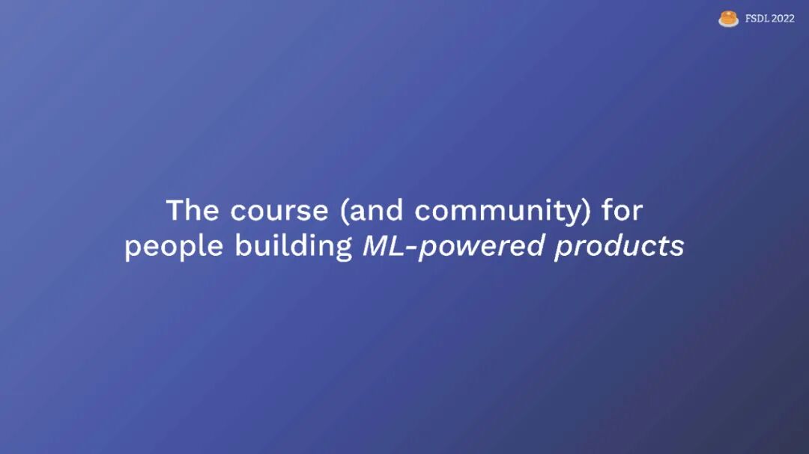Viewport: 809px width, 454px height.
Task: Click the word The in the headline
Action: [193, 210]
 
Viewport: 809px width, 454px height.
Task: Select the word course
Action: [279, 211]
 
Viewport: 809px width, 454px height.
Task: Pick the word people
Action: [174, 246]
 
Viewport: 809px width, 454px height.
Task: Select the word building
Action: [294, 246]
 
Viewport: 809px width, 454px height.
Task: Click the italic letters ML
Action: [384, 246]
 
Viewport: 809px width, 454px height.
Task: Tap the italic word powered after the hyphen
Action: [482, 247]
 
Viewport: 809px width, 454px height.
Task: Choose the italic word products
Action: [619, 247]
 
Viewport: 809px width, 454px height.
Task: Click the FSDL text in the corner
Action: [757, 19]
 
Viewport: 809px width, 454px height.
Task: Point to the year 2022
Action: [784, 19]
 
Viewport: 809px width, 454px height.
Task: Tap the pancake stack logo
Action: [729, 19]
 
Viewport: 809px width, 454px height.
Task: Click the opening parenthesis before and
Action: [344, 211]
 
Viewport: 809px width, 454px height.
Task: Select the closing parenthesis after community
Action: [587, 211]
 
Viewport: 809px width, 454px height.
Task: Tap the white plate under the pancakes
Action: [729, 24]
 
